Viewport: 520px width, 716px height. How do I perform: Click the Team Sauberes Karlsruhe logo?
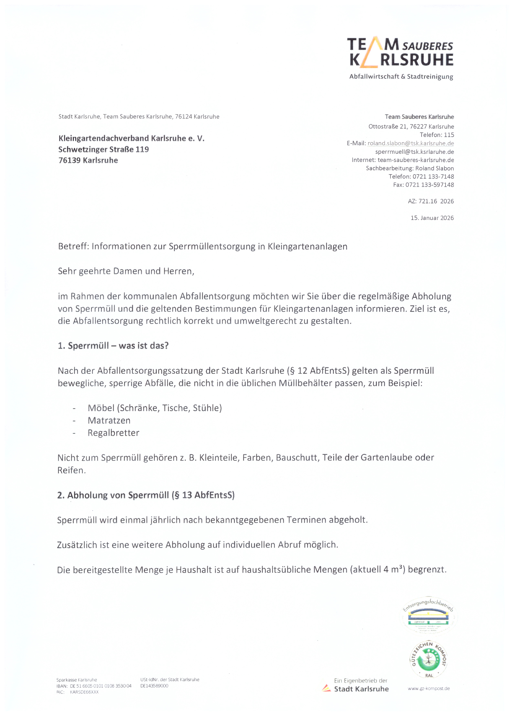[400, 58]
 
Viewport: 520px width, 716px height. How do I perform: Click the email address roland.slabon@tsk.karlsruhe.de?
[411, 143]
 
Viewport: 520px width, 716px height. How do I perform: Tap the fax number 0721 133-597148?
[430, 185]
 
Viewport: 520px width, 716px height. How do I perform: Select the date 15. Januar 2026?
[432, 218]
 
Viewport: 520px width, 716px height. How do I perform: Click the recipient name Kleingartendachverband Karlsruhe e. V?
[131, 138]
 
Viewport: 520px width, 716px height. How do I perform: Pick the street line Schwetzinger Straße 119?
[104, 149]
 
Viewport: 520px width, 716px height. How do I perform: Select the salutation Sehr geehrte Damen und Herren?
[126, 271]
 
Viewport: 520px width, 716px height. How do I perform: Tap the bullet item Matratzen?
[109, 420]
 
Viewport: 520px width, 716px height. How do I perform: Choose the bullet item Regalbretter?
[113, 433]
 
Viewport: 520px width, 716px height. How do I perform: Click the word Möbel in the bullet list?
[101, 408]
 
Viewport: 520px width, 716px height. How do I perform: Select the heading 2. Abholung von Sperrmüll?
[146, 495]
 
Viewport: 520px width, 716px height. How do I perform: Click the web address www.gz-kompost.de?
[429, 688]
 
